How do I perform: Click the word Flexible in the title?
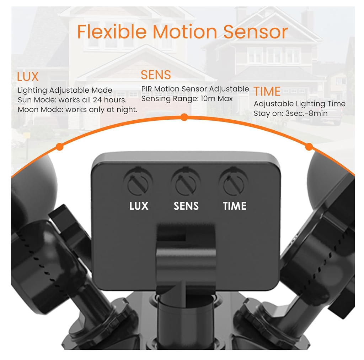(112, 32)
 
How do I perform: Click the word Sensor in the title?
(255, 32)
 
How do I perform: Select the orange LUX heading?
(28, 77)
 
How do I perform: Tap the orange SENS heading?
(156, 75)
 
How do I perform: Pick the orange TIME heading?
(267, 91)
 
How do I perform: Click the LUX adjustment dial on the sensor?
(138, 185)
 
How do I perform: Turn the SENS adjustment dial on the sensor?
(186, 185)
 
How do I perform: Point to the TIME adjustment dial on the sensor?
(234, 185)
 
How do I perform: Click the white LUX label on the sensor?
(139, 206)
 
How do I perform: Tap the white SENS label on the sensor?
(186, 206)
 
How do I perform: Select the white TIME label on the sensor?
(235, 206)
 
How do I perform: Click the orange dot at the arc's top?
(184, 117)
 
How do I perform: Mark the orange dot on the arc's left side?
(60, 147)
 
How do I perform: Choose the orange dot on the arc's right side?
(309, 147)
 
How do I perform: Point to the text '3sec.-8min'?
(306, 113)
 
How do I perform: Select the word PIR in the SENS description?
(146, 89)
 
